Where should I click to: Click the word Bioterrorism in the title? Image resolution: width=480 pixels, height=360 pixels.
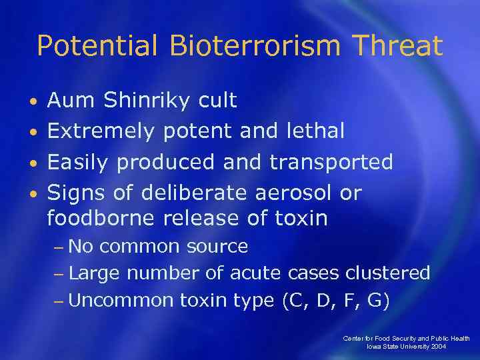pos(254,46)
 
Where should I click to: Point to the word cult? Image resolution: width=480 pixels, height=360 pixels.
pos(217,101)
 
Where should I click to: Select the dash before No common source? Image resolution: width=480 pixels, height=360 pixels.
pos(59,247)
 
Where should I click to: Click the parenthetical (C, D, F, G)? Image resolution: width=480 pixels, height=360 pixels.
pos(336,300)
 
